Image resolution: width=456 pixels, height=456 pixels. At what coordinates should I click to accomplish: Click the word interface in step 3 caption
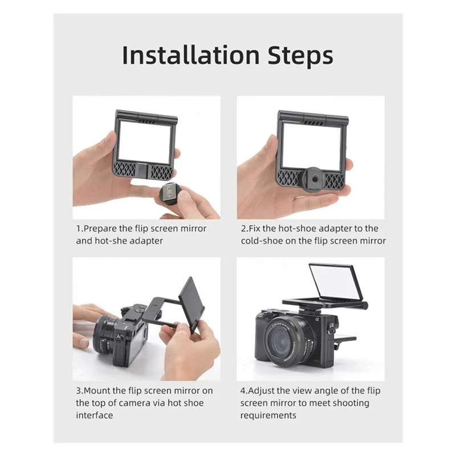click(x=95, y=415)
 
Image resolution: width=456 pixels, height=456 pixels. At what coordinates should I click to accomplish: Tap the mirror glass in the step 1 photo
click(x=144, y=140)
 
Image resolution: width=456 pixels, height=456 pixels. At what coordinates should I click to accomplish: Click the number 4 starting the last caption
click(x=243, y=390)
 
